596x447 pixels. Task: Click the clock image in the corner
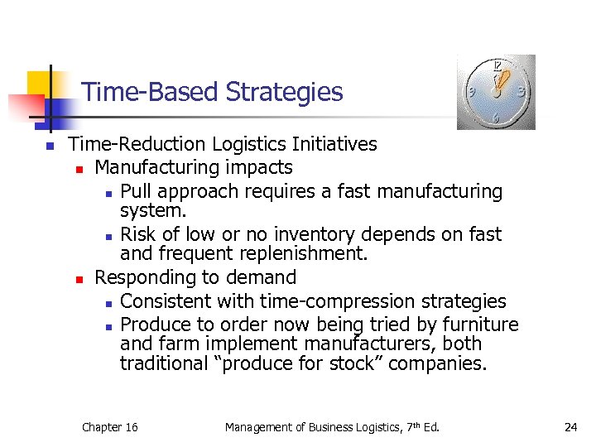[496, 92]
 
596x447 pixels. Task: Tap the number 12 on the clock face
[497, 65]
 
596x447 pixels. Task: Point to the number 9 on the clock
[471, 92]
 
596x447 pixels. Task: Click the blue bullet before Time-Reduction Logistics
[50, 147]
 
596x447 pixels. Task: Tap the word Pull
[136, 192]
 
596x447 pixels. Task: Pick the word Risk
[137, 235]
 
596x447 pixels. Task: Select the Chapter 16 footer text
[109, 427]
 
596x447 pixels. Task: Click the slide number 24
[570, 427]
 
